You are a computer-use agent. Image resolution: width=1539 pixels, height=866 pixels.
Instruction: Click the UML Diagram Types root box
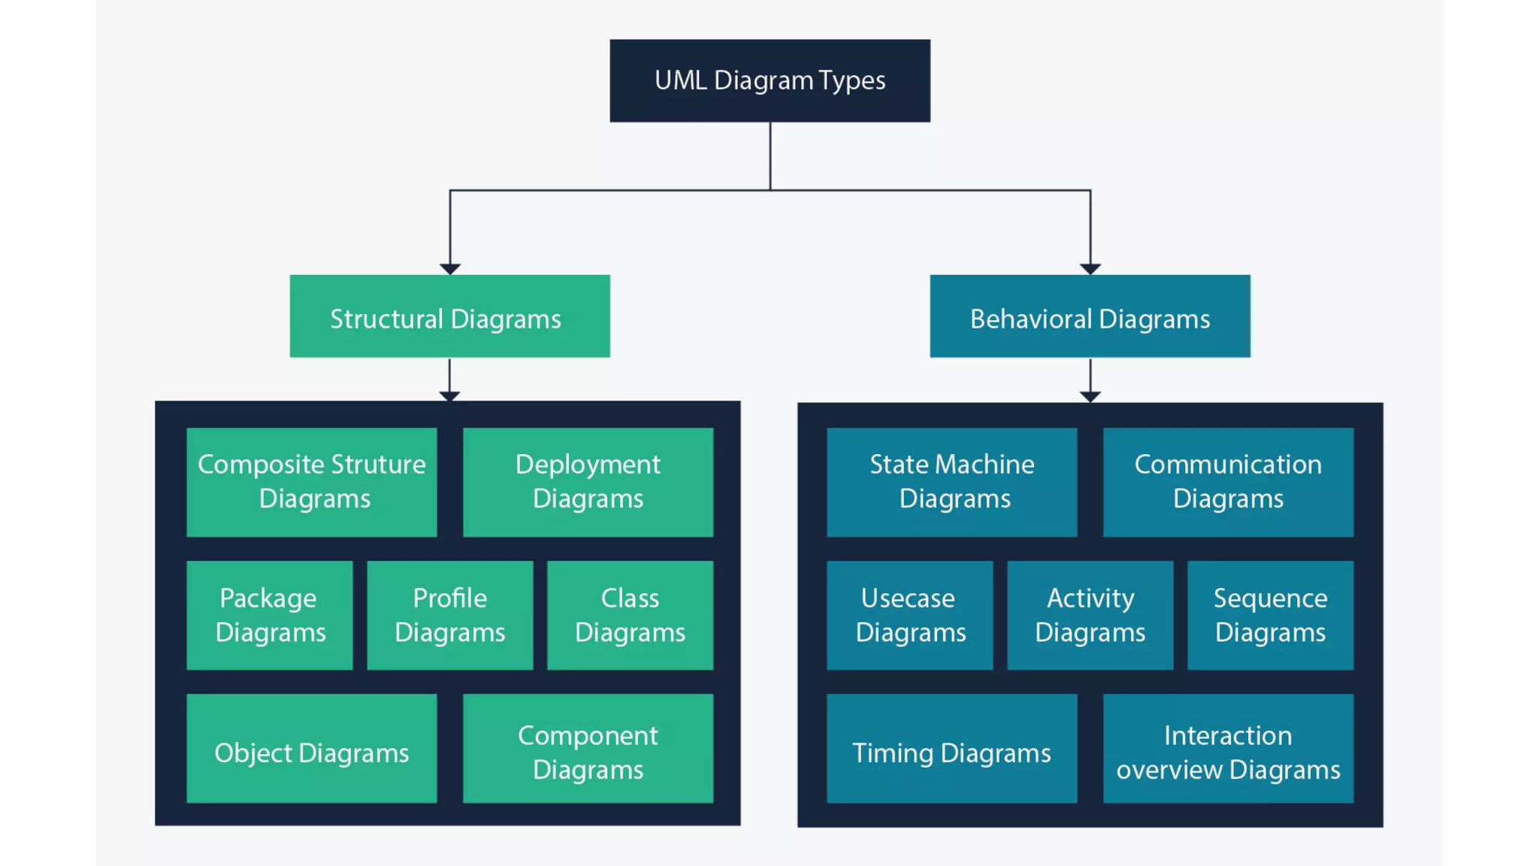pos(769,80)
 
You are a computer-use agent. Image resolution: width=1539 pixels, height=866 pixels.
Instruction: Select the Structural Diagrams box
pos(449,316)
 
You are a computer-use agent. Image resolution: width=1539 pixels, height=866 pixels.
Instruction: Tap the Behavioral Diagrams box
pos(1090,316)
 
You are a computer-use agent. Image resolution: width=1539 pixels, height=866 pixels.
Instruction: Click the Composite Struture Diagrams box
pos(311,482)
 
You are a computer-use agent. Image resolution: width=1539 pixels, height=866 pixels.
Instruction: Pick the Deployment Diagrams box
pos(588,482)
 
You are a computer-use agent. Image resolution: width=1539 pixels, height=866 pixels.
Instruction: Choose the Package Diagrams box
pos(269,615)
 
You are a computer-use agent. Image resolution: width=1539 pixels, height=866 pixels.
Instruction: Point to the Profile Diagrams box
pos(449,615)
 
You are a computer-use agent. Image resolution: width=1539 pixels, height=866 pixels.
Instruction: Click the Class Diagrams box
pos(630,615)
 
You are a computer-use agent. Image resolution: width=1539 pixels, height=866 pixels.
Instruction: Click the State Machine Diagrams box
pos(951,482)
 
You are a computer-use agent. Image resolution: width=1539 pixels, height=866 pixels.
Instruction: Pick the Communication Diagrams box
pos(1228,482)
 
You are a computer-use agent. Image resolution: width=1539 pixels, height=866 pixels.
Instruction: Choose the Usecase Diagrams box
pos(909,615)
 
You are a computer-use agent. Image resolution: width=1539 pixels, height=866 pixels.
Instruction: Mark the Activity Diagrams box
pos(1090,615)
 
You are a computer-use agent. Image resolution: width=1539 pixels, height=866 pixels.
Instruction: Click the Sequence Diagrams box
pos(1270,615)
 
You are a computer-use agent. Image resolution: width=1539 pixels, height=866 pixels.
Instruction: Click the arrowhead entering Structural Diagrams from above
pos(449,269)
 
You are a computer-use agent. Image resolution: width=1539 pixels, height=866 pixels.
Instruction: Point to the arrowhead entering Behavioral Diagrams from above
pos(1090,269)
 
